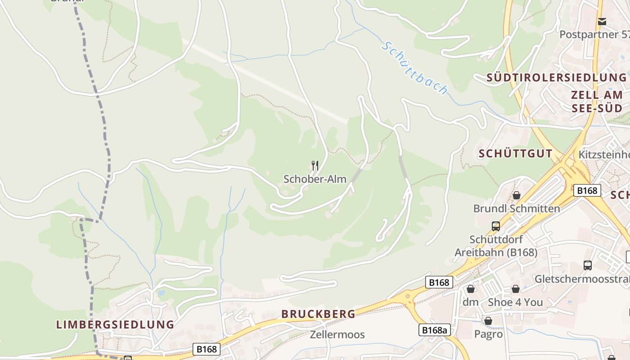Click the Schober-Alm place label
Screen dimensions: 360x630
point(315,179)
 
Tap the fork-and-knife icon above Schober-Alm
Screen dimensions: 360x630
point(315,166)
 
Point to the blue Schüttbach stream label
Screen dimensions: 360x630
point(414,68)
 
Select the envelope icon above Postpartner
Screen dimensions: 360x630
point(602,21)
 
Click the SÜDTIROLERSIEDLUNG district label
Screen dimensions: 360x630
point(556,78)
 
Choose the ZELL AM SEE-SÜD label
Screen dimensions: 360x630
point(597,102)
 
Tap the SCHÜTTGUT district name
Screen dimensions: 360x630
point(515,153)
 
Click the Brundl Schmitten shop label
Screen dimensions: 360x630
point(517,208)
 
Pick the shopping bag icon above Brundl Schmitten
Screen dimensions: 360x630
point(517,195)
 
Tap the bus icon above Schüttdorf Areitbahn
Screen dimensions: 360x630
point(496,226)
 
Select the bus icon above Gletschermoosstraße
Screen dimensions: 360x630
point(588,265)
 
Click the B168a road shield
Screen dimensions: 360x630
point(435,330)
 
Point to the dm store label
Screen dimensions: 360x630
point(471,302)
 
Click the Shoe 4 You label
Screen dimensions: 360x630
point(515,302)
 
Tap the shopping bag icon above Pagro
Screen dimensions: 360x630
point(488,321)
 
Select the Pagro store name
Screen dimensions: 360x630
point(488,334)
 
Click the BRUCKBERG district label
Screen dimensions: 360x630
point(318,314)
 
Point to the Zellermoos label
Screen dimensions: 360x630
point(337,334)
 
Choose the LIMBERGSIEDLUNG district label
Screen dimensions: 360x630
point(115,324)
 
